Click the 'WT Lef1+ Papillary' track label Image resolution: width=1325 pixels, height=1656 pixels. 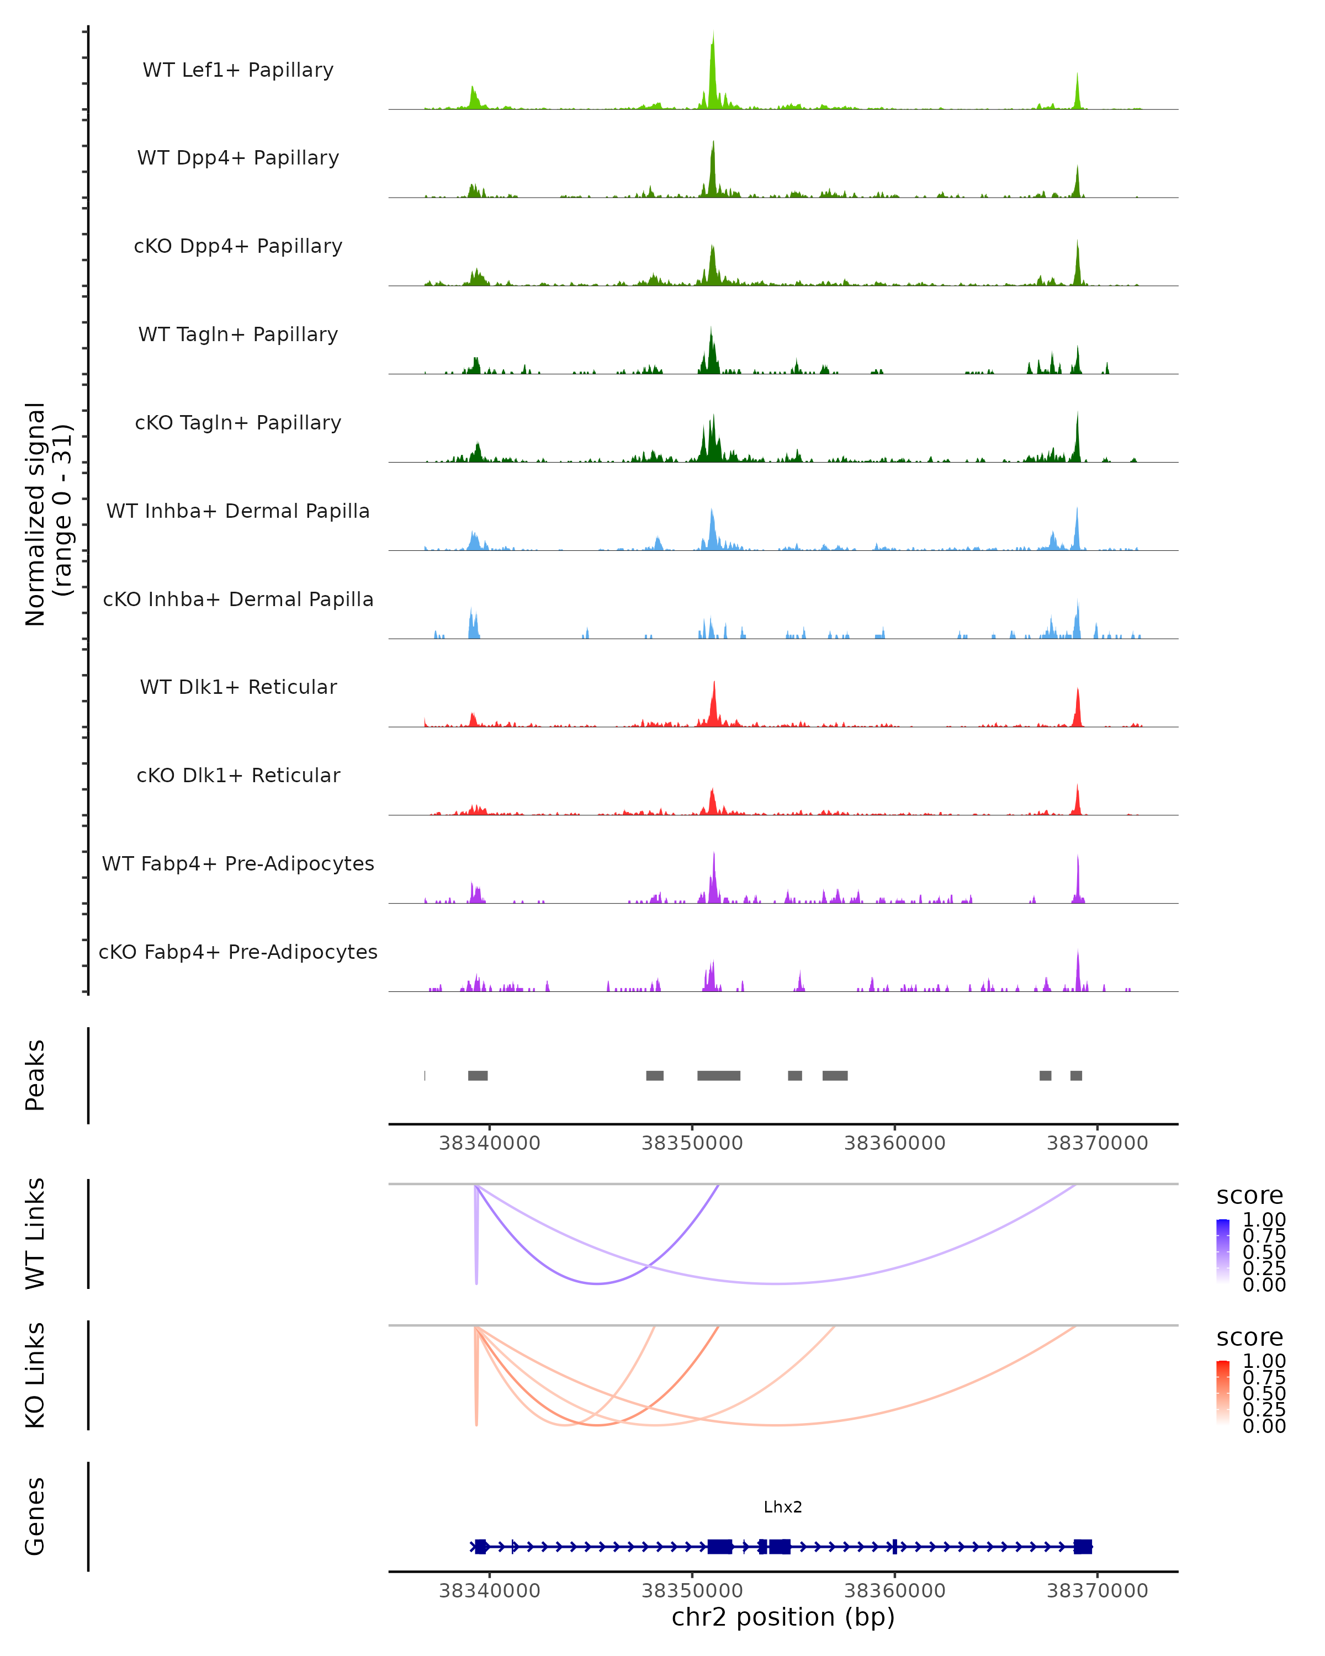click(x=238, y=70)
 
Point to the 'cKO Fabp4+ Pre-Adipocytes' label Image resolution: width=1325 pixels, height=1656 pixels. click(x=238, y=952)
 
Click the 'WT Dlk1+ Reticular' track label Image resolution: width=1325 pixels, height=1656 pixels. click(x=238, y=687)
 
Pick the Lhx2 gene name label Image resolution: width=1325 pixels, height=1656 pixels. click(x=783, y=1507)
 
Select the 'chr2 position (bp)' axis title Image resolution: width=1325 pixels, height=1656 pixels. click(x=783, y=1617)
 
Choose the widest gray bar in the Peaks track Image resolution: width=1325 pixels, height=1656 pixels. click(x=719, y=1075)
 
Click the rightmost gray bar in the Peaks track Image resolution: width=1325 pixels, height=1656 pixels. click(x=1076, y=1075)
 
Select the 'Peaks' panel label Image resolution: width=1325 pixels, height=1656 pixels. click(x=35, y=1075)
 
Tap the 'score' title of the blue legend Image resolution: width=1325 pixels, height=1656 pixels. click(x=1250, y=1196)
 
